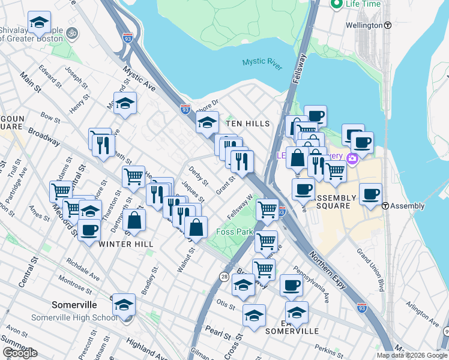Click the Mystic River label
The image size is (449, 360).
[262, 63]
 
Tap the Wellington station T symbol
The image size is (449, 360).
[388, 25]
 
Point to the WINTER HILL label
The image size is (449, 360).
[126, 244]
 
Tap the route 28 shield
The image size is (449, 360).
[223, 277]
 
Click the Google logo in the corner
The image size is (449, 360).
[20, 352]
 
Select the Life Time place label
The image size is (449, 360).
[363, 4]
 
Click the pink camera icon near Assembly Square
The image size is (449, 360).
[352, 158]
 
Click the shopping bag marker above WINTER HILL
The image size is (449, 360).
[136, 221]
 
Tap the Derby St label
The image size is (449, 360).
[199, 175]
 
